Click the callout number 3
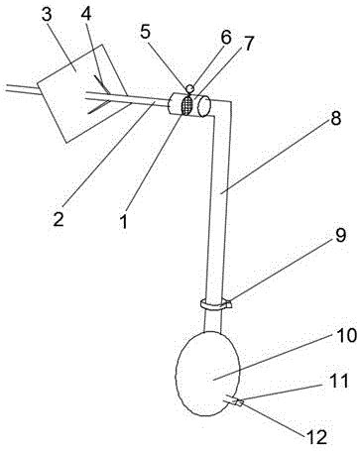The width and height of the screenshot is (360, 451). pos(47,15)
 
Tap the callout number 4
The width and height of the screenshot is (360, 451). pos(85,14)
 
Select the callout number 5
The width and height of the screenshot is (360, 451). pos(146,32)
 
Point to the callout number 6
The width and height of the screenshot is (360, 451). pos(226,38)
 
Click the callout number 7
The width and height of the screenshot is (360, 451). pos(248,43)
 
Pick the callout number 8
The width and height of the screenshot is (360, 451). pos(335,118)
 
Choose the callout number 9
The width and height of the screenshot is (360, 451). pos(340,235)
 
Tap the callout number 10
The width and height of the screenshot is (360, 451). pos(346,336)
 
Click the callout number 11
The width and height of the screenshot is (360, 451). pos(339,381)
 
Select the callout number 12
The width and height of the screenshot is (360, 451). pos(316,437)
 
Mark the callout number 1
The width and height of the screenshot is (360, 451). pos(124,221)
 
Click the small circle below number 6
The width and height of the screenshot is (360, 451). pos(190,88)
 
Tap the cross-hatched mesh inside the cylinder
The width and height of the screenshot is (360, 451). pos(187,105)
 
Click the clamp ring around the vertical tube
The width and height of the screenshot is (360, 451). pos(215,304)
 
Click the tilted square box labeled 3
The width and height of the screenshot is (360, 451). pos(82,93)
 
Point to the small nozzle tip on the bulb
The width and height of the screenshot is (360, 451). pos(241,402)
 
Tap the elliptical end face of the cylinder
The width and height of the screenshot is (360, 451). pos(204,107)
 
